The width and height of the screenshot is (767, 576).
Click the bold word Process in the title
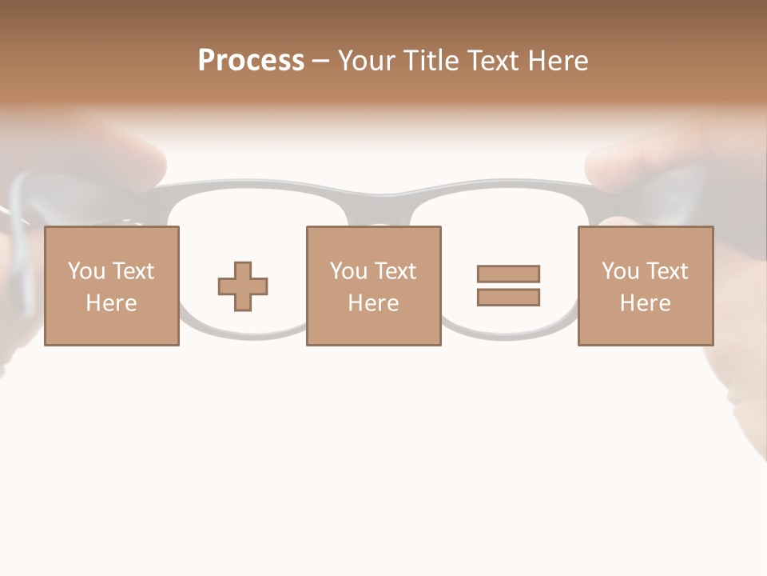point(251,61)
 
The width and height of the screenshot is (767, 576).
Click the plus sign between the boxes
point(243,286)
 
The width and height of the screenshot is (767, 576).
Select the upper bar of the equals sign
point(508,274)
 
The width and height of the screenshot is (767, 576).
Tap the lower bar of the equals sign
point(508,298)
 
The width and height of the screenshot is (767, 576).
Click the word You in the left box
point(86,271)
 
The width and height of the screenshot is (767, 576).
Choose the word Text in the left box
point(133,271)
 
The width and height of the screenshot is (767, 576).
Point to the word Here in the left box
point(111,303)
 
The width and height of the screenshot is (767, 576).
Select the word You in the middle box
point(348,271)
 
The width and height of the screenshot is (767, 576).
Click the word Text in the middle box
point(395,271)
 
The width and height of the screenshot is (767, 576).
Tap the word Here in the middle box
point(373,303)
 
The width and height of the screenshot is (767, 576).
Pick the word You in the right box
point(620,271)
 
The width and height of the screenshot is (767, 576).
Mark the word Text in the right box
point(666,271)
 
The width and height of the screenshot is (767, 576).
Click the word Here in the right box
point(645,303)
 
